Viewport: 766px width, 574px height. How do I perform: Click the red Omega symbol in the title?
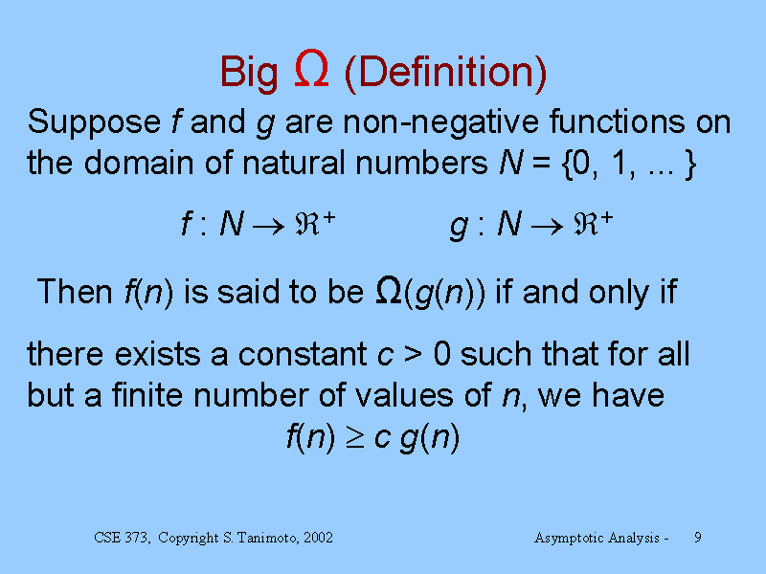pyautogui.click(x=311, y=68)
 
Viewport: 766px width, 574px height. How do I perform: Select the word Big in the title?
pyautogui.click(x=249, y=74)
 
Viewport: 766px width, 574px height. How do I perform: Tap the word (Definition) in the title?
pyautogui.click(x=445, y=74)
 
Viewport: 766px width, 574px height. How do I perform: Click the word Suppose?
pyautogui.click(x=94, y=122)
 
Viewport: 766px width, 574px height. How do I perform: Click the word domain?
pyautogui.click(x=139, y=163)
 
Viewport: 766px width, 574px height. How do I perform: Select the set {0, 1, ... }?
pyautogui.click(x=629, y=164)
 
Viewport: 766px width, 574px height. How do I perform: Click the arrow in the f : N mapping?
pyautogui.click(x=268, y=226)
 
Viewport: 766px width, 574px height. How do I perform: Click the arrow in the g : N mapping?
pyautogui.click(x=547, y=226)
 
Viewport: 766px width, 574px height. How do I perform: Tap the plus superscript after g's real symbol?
pyautogui.click(x=606, y=218)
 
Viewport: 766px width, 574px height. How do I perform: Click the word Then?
pyautogui.click(x=75, y=292)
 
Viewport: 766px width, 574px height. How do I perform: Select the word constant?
pyautogui.click(x=303, y=354)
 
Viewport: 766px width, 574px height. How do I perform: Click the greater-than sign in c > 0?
pyautogui.click(x=413, y=355)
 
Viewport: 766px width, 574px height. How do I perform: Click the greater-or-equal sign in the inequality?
pyautogui.click(x=355, y=438)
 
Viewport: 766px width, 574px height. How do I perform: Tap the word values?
pyautogui.click(x=404, y=395)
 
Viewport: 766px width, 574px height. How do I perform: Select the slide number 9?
pyautogui.click(x=698, y=538)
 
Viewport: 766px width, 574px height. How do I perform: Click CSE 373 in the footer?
pyautogui.click(x=123, y=538)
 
